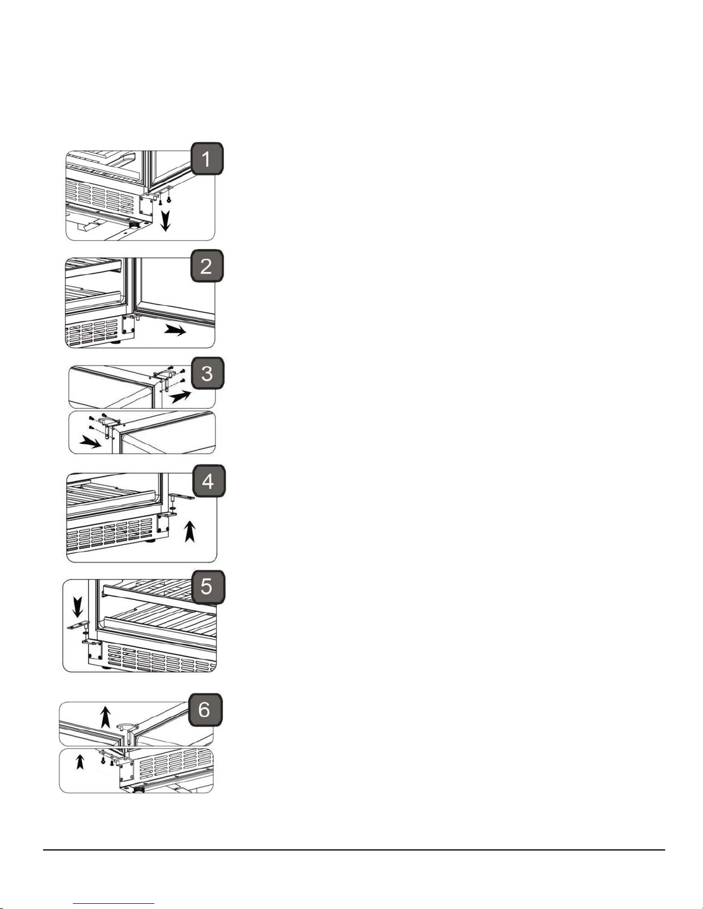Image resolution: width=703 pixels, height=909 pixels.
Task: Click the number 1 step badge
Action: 207,159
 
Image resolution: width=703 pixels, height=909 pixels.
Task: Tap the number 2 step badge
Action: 207,266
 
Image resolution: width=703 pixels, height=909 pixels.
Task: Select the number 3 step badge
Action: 208,373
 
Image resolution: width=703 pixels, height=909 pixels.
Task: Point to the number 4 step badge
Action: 208,481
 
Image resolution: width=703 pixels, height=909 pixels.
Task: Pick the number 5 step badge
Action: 208,587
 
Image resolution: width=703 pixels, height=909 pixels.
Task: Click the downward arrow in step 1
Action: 166,221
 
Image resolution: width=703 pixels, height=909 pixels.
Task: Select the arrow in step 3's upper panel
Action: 180,396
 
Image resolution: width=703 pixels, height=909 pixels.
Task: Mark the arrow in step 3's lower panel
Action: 91,442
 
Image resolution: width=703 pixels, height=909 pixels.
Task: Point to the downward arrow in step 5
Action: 77,607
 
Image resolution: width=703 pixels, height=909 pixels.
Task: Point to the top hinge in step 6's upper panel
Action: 126,731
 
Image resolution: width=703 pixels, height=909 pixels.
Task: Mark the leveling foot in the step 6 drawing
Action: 139,789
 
